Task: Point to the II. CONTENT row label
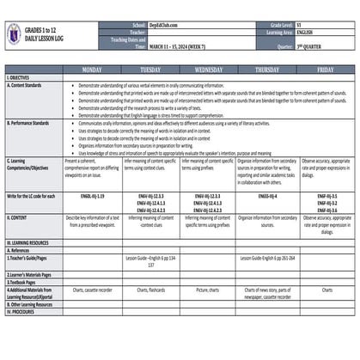[18, 218]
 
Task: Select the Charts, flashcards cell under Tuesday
[150, 290]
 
